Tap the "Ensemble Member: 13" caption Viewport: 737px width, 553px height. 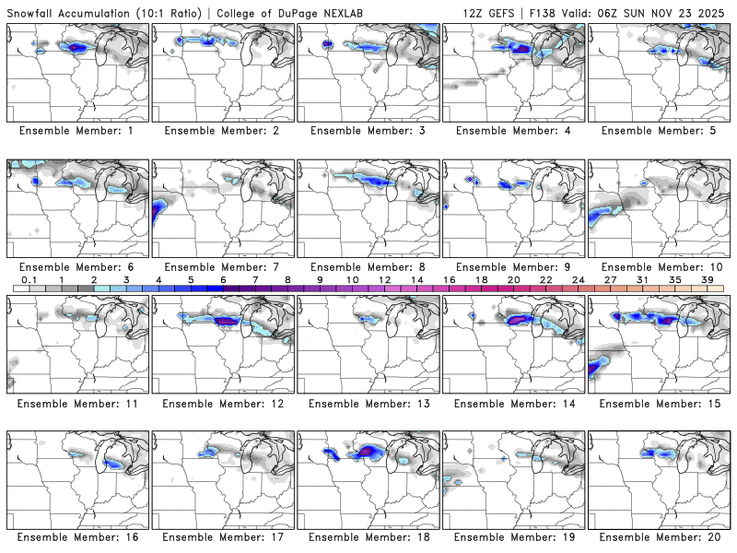pos(368,403)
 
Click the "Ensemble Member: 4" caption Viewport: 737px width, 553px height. pos(514,131)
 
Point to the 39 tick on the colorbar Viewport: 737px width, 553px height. pos(707,279)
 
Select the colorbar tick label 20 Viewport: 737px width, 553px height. pos(513,279)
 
